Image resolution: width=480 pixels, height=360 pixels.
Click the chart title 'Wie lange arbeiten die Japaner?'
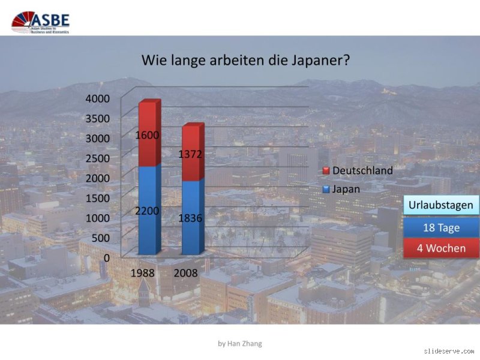pos(245,61)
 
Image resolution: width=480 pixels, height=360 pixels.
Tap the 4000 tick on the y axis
pos(98,98)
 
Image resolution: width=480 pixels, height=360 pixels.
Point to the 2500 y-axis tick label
pos(98,158)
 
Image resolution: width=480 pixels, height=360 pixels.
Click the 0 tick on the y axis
pos(106,257)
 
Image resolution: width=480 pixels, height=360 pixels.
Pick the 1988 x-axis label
pos(143,273)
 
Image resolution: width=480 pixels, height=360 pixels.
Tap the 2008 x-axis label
pos(186,273)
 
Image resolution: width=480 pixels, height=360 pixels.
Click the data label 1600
pos(148,136)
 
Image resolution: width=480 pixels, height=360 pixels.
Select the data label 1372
pos(190,155)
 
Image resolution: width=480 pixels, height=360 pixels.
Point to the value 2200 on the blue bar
pos(148,211)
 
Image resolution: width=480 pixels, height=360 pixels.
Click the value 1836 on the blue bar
pos(190,218)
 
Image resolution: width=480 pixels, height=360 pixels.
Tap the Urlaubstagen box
pos(441,205)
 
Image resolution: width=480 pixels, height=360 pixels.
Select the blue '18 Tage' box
pos(441,227)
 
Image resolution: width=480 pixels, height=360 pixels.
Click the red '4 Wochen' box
pos(441,248)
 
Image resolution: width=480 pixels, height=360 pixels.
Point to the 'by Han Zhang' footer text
pos(240,344)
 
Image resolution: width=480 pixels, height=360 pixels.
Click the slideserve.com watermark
pos(448,350)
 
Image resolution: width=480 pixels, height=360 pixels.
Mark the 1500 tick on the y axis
pos(98,198)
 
